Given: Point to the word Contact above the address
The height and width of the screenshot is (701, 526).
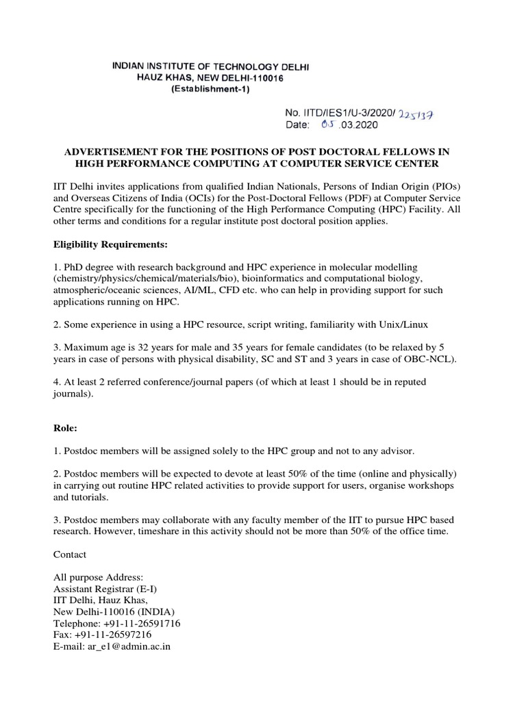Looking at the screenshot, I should click(70, 554).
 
